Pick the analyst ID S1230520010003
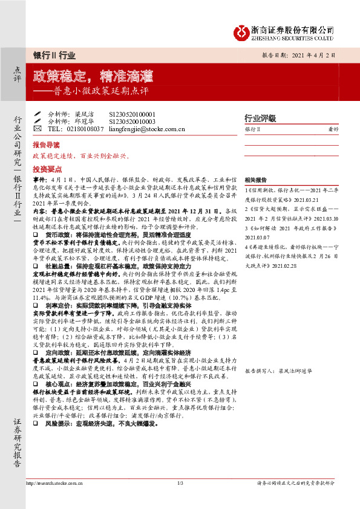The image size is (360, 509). (x=132, y=122)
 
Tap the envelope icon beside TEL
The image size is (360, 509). (x=38, y=129)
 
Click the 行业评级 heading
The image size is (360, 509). (x=260, y=118)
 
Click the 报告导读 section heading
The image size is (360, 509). (x=46, y=146)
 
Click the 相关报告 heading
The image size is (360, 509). (x=254, y=180)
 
